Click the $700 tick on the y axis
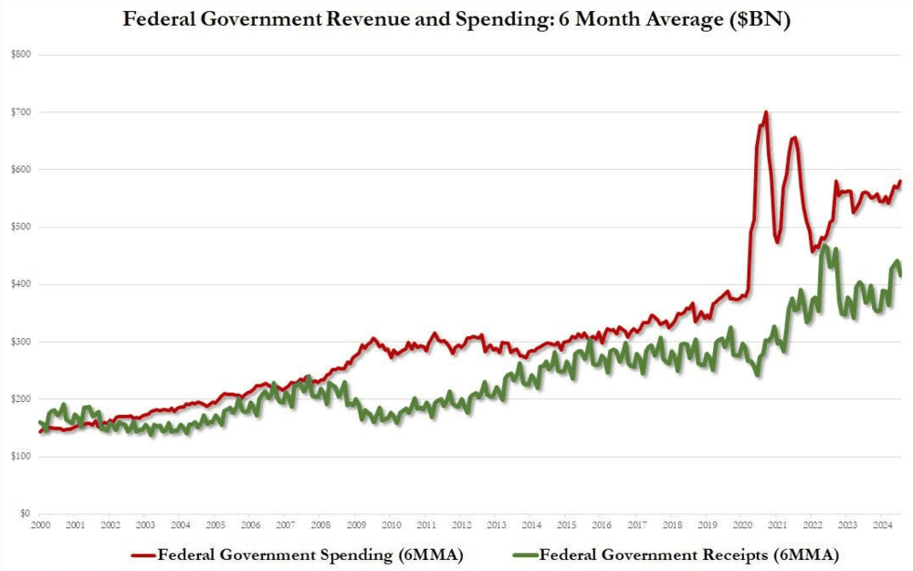(19, 112)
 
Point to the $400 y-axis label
(19, 284)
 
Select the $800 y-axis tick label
(19, 55)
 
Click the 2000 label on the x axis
(40, 525)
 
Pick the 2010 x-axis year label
(392, 525)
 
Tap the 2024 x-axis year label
(883, 525)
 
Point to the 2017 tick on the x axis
(637, 525)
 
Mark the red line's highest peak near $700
(765, 112)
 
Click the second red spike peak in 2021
(794, 138)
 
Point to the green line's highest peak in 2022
(825, 246)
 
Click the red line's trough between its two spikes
(777, 242)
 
